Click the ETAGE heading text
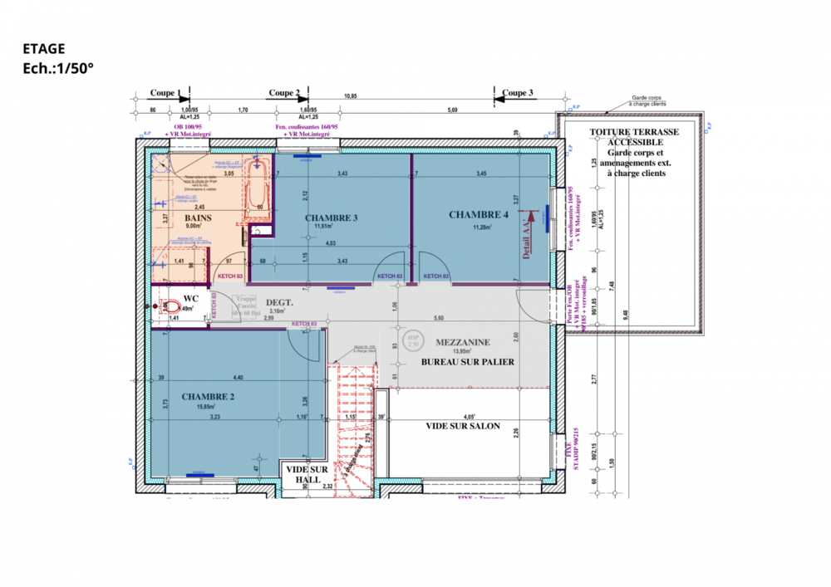click(x=44, y=49)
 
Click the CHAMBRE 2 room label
click(x=208, y=397)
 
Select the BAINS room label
click(x=199, y=218)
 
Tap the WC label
click(x=190, y=298)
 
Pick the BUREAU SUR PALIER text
click(x=468, y=362)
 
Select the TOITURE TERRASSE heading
click(x=634, y=132)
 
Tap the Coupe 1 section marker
click(x=165, y=94)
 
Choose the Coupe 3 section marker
click(x=518, y=94)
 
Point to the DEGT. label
click(x=280, y=303)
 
